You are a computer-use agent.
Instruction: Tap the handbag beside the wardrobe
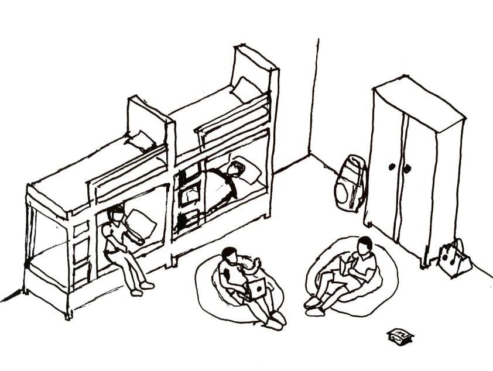[x=454, y=258]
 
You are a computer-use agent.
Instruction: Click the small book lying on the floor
[x=400, y=336]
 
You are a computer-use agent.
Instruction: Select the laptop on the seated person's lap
[x=255, y=288]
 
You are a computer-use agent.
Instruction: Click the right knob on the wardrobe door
[x=407, y=169]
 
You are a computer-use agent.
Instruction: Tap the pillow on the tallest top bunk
[x=245, y=90]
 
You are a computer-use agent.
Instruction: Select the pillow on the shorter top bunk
[x=141, y=140]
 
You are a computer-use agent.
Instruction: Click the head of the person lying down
[x=235, y=169]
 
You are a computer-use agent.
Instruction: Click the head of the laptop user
[x=230, y=256]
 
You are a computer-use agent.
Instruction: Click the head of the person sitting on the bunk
[x=117, y=214]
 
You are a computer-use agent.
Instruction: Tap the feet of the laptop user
[x=276, y=320]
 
